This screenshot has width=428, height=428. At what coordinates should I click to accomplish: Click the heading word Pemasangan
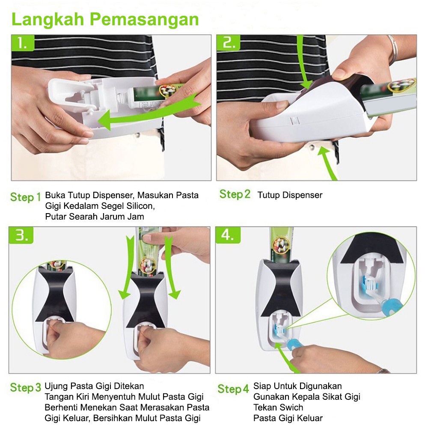click(x=144, y=20)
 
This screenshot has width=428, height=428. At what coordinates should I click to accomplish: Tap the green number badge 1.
click(x=23, y=43)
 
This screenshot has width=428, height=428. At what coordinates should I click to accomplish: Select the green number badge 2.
click(x=228, y=43)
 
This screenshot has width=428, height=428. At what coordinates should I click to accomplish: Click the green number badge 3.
click(x=21, y=235)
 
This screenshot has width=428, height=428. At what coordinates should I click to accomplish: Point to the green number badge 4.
click(x=228, y=235)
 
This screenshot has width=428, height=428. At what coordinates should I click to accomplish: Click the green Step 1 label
click(x=25, y=197)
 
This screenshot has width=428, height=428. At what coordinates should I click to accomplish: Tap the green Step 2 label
click(x=235, y=194)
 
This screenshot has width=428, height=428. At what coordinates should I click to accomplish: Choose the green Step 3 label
click(x=25, y=387)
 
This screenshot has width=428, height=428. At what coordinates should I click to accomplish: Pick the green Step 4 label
click(x=233, y=389)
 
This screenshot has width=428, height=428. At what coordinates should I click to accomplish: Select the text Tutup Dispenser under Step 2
click(x=290, y=195)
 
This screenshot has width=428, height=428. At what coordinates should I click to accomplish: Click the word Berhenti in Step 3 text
click(x=61, y=407)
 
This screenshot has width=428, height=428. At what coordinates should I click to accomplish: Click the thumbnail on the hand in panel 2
click(x=339, y=74)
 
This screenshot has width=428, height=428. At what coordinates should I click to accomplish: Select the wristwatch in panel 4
click(x=383, y=371)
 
